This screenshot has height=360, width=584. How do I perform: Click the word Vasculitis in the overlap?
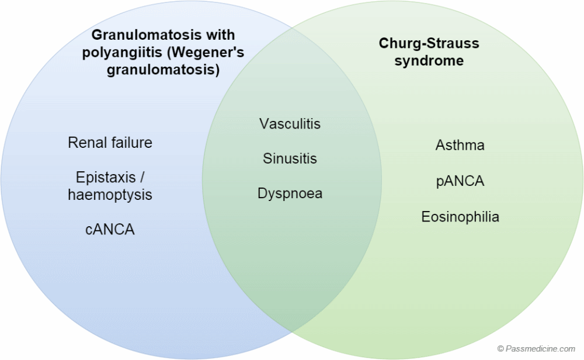click(x=290, y=124)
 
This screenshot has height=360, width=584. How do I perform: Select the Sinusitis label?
click(x=290, y=158)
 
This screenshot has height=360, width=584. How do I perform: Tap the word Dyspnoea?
click(x=290, y=193)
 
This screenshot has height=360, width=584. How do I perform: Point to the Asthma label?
click(x=460, y=145)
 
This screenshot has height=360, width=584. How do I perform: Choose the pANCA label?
click(x=460, y=181)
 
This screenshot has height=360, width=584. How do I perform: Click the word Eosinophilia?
click(x=460, y=217)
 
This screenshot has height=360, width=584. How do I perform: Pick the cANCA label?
click(x=110, y=230)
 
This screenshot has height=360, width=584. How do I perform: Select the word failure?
click(x=132, y=143)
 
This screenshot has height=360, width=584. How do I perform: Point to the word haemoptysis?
click(x=110, y=195)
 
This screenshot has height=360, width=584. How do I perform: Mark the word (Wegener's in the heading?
click(x=204, y=53)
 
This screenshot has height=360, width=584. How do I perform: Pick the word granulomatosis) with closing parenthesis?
click(x=163, y=71)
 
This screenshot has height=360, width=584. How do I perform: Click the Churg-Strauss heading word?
click(x=428, y=43)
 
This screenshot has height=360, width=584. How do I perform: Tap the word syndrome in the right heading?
click(x=428, y=61)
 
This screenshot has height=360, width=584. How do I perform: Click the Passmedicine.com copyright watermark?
click(x=537, y=348)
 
